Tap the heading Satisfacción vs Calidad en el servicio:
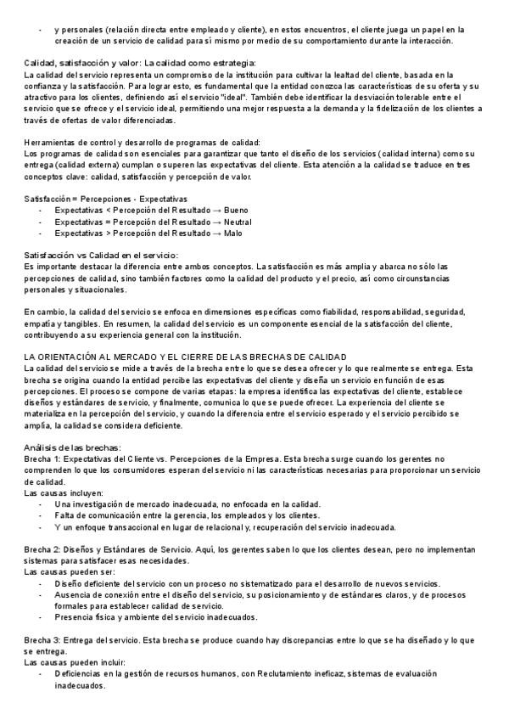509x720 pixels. [101, 255]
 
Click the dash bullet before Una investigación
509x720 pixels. [42, 504]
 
